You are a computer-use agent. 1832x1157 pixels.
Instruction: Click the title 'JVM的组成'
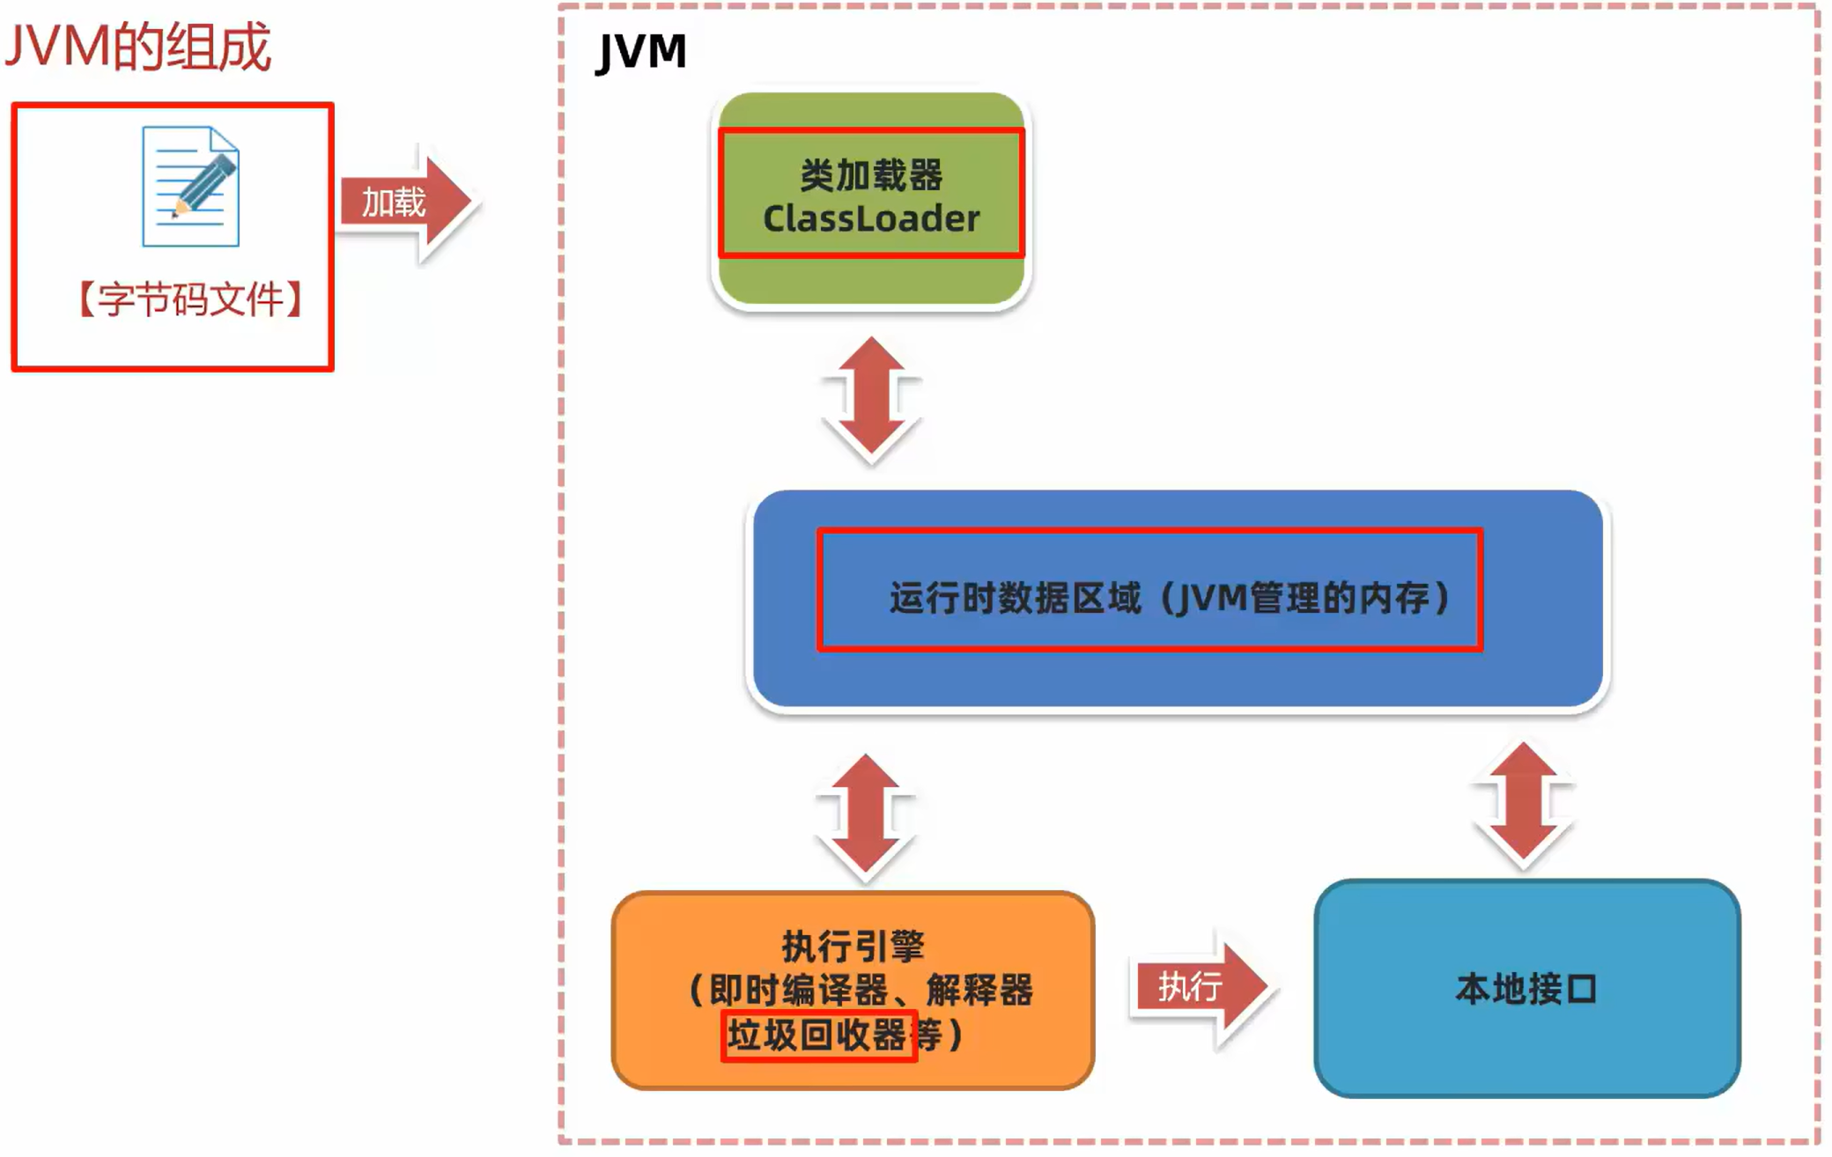138,47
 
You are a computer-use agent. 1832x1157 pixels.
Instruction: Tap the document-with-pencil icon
190,186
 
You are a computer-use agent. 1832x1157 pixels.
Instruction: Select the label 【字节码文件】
190,299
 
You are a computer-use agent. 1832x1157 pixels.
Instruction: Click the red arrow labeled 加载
405,203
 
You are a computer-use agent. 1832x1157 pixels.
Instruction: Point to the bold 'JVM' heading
641,51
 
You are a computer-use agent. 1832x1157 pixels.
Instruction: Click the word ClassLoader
871,219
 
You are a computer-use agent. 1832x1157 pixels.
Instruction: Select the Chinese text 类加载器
871,175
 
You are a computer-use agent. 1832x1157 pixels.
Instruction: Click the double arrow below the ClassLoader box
871,401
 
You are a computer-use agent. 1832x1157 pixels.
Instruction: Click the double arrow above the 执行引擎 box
865,817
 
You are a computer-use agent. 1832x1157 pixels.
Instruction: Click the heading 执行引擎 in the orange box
853,947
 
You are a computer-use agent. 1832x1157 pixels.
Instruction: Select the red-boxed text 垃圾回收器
817,1035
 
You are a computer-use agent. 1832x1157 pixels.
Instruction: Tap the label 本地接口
1526,989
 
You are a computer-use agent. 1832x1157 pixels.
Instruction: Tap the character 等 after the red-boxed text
930,1035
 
